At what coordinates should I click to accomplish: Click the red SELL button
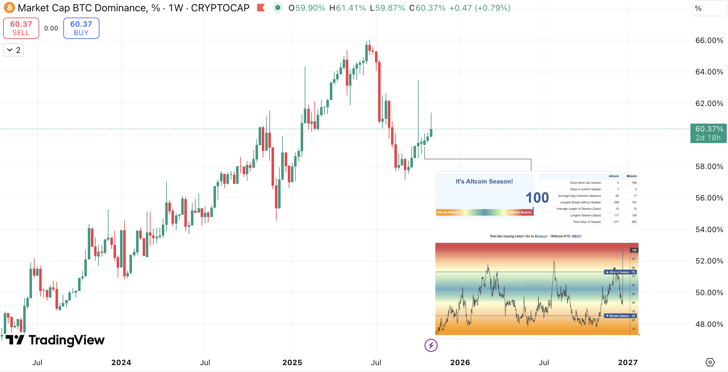click(x=21, y=28)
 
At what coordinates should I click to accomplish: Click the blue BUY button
click(x=81, y=28)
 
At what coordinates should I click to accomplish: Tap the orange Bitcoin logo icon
click(x=9, y=8)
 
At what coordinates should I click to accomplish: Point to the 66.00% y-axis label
click(x=709, y=40)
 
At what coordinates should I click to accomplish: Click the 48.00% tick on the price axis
click(x=709, y=324)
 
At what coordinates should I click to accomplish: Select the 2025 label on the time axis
click(x=292, y=363)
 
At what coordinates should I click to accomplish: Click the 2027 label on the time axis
click(x=628, y=363)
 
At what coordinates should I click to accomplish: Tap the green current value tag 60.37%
click(x=708, y=133)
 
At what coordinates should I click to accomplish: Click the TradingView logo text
click(x=66, y=340)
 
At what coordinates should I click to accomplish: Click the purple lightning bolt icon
click(x=431, y=345)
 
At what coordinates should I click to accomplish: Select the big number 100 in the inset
click(x=537, y=198)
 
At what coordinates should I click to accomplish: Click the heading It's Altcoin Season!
click(x=484, y=181)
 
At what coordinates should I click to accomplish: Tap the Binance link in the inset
click(x=541, y=236)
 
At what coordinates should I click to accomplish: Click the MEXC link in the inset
click(x=577, y=236)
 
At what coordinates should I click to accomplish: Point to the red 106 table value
click(x=634, y=183)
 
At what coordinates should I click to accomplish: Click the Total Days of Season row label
click(x=587, y=222)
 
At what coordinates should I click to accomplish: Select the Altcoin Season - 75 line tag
click(x=620, y=272)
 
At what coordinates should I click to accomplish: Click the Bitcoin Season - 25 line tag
click(x=620, y=316)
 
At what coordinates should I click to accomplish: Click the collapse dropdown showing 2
click(x=13, y=50)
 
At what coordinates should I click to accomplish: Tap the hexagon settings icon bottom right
click(x=710, y=362)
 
